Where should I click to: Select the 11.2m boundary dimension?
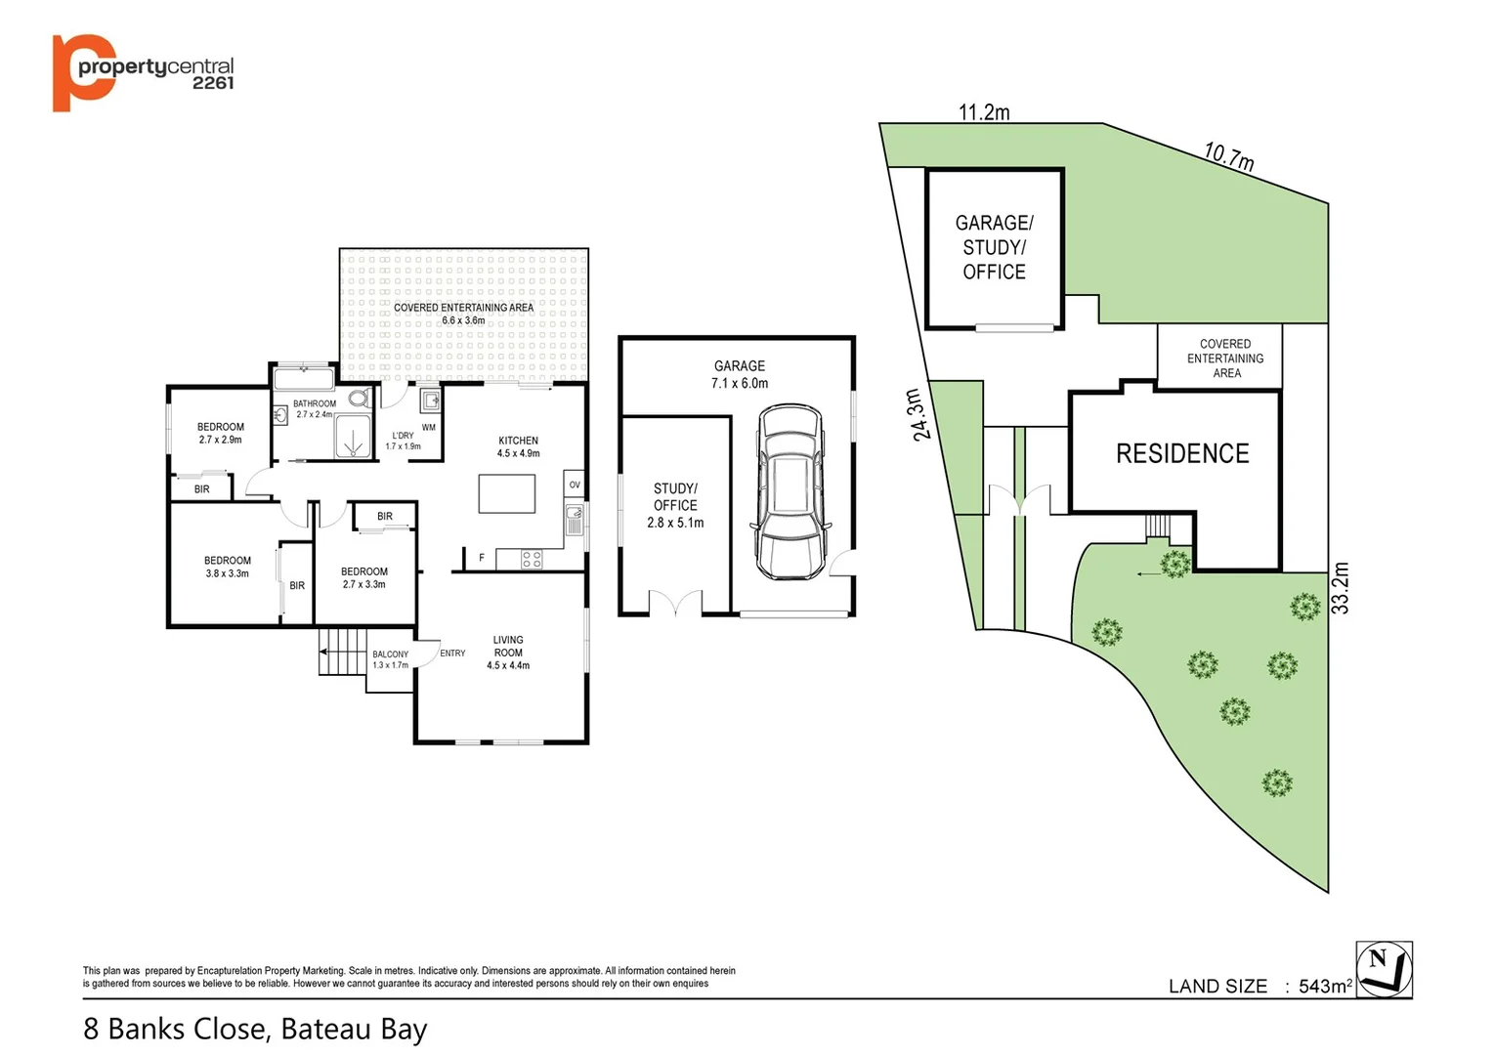tap(984, 112)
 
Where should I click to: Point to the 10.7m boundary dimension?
tap(1228, 156)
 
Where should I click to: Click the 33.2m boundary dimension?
tap(1341, 588)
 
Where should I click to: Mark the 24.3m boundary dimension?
tap(915, 415)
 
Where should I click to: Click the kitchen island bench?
tap(506, 493)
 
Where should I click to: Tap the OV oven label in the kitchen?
tap(575, 485)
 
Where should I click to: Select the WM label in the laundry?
tap(428, 428)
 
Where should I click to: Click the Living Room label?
tap(508, 653)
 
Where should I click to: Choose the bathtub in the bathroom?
tap(304, 378)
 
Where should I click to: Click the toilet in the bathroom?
tap(359, 399)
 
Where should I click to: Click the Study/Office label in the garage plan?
tap(675, 505)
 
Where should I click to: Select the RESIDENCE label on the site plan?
tap(1182, 453)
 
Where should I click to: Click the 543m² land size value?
tap(1324, 986)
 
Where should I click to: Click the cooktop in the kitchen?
tap(532, 560)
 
